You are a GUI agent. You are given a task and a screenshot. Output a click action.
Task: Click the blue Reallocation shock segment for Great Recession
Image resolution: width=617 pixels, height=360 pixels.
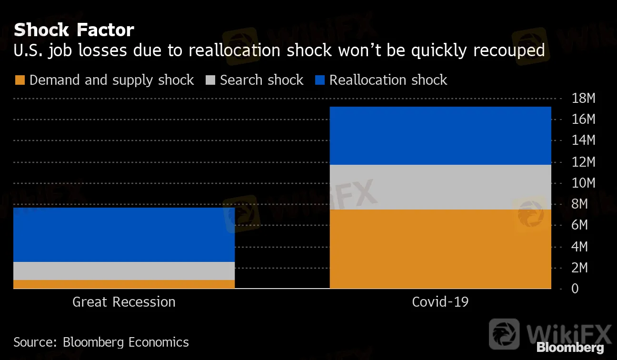(x=124, y=234)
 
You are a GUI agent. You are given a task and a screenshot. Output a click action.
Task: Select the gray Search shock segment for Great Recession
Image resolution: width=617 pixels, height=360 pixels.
(x=124, y=270)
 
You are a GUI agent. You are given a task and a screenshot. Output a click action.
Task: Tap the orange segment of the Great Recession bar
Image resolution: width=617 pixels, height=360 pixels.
(x=124, y=284)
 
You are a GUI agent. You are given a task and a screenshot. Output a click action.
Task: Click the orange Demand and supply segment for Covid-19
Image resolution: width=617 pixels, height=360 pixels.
(x=440, y=249)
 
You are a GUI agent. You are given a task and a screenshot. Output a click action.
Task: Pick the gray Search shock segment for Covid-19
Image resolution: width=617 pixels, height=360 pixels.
(x=440, y=187)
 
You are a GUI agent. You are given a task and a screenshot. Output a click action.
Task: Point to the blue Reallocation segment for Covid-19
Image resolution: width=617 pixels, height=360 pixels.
(x=440, y=136)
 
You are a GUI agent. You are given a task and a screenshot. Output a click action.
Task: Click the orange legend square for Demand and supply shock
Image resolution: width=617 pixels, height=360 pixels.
(x=19, y=80)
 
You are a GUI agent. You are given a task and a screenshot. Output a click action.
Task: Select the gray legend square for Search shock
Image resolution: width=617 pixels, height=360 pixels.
(x=209, y=80)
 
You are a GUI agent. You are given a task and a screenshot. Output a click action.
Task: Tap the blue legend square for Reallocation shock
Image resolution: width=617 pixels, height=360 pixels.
(x=319, y=80)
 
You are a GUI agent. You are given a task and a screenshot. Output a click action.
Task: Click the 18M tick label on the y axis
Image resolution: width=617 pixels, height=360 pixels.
(x=583, y=99)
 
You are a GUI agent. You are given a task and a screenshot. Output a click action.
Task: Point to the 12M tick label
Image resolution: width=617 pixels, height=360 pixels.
(x=583, y=162)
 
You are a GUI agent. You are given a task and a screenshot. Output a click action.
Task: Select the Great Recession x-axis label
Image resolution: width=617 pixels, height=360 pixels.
(x=124, y=302)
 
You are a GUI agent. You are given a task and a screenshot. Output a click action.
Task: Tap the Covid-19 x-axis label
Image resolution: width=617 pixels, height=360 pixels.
(x=440, y=302)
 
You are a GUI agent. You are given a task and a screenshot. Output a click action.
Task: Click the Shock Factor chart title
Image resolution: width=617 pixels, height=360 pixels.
(x=74, y=30)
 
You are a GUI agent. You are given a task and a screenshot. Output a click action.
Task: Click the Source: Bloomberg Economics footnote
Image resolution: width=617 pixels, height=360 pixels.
(x=101, y=342)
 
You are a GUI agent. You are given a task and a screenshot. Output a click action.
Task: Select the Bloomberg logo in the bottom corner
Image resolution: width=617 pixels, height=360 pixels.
(x=570, y=347)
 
